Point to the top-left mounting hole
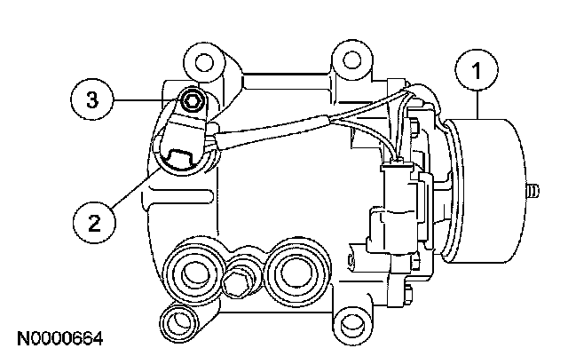coord(205,64)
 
